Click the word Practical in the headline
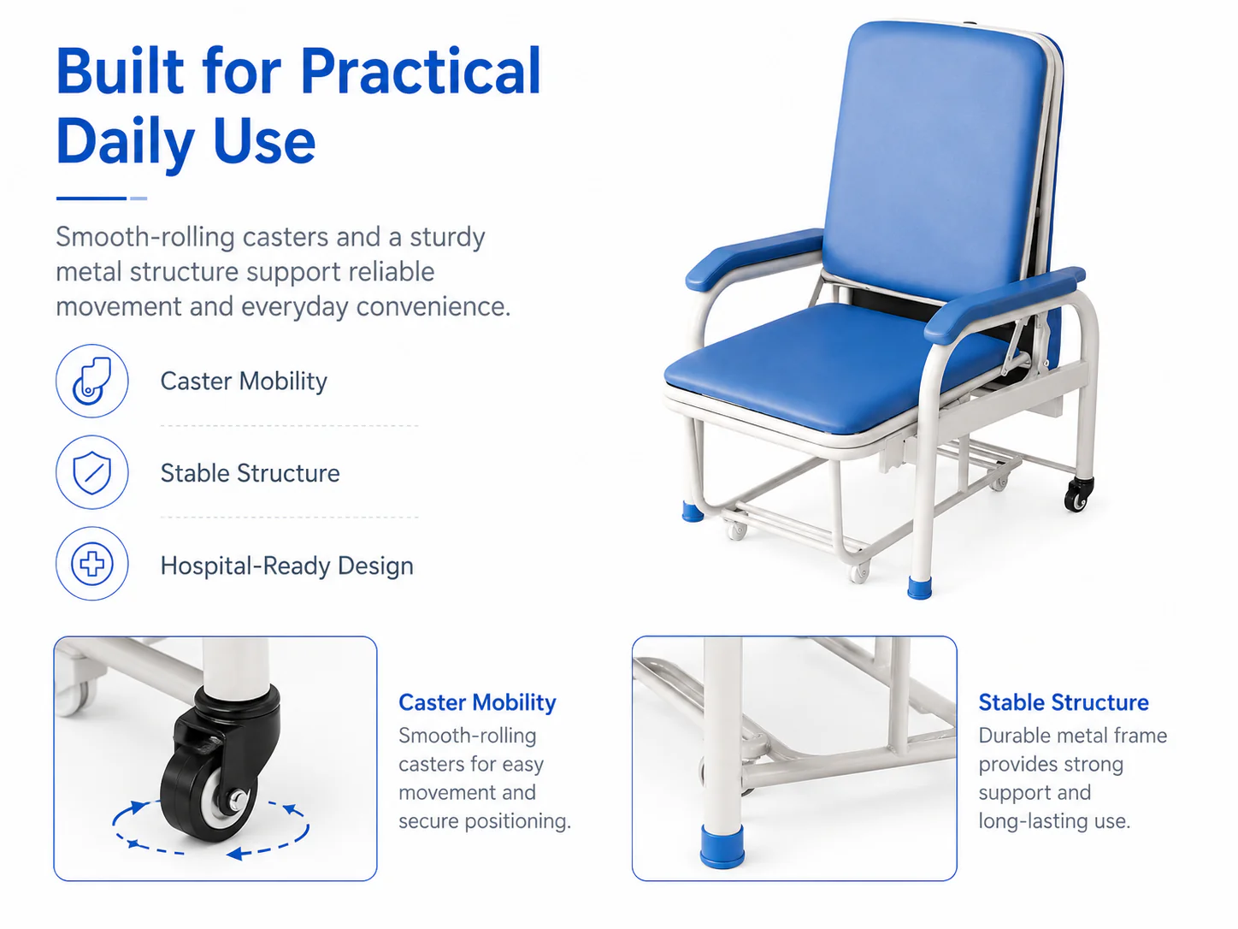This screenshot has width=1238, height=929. (421, 72)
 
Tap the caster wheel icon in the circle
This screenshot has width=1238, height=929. (92, 381)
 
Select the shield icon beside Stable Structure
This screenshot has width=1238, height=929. (92, 472)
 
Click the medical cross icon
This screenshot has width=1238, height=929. (92, 564)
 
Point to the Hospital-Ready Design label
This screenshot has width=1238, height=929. (287, 565)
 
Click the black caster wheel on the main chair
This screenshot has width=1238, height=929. (1078, 494)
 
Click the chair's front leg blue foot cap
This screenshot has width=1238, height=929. (919, 587)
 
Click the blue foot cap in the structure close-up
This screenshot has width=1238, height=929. (722, 846)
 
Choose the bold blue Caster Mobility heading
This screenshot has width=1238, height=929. (477, 702)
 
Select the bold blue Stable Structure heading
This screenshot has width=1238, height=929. (1063, 702)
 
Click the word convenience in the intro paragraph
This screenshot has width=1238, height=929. (433, 306)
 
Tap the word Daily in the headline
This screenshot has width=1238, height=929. (126, 142)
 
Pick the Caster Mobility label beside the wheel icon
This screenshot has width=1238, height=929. (244, 381)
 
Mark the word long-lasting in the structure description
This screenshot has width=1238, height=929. (1032, 821)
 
